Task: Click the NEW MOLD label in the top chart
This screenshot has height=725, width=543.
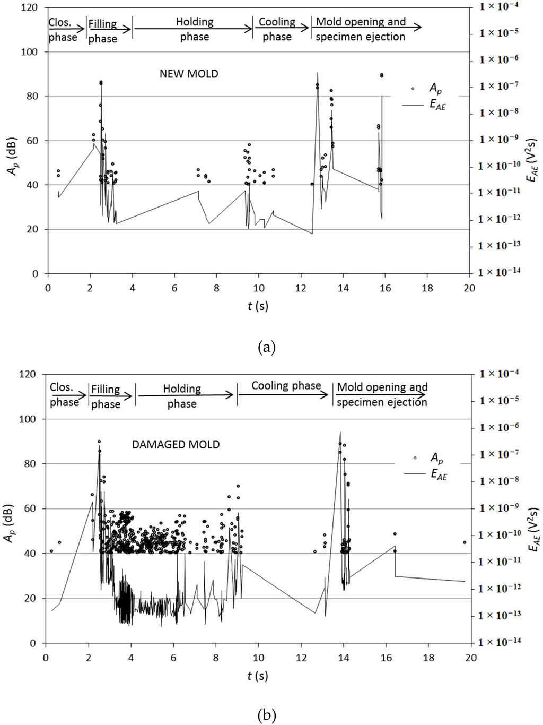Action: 189,74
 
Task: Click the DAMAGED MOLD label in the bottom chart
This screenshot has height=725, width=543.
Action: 176,444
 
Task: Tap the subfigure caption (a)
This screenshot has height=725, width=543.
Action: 266,348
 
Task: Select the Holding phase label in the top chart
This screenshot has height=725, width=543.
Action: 194,29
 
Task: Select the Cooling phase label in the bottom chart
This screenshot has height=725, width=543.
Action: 286,386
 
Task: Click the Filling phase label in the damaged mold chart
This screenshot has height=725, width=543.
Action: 105,396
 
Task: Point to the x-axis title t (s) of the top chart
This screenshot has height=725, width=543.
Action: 258,306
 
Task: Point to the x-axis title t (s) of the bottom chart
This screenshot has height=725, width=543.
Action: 258,676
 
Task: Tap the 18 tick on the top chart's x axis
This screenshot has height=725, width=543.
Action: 427,288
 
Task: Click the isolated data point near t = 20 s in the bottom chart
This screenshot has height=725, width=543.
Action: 465,542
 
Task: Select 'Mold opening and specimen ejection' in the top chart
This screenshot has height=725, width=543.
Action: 361,29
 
